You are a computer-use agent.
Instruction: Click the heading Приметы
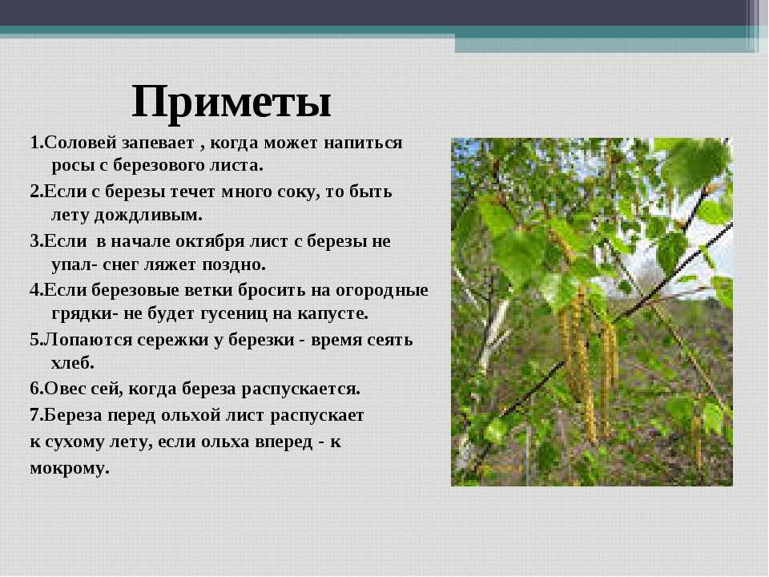click(232, 103)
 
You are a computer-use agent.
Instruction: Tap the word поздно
click(234, 265)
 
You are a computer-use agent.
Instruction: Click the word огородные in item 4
click(382, 290)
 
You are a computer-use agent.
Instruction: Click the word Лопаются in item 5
click(88, 340)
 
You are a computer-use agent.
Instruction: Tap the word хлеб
click(73, 363)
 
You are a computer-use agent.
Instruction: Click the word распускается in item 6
click(300, 389)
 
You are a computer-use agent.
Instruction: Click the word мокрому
click(69, 469)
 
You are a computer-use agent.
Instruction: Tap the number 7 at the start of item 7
click(34, 416)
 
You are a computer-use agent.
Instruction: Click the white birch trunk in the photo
click(492, 333)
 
